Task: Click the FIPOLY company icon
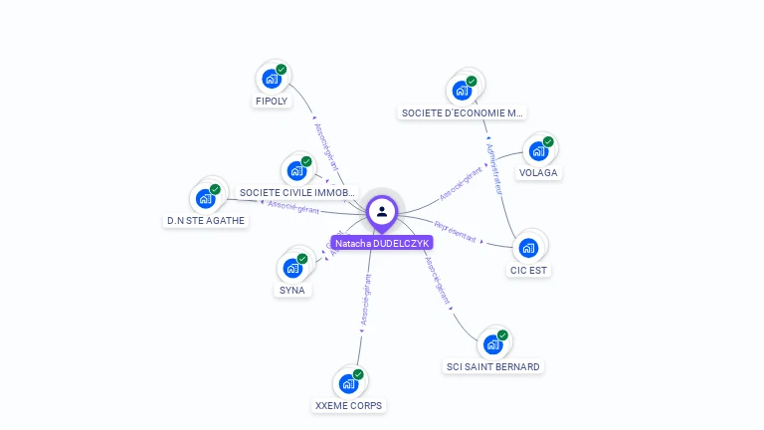pyautogui.click(x=272, y=79)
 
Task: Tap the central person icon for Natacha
pyautogui.click(x=382, y=211)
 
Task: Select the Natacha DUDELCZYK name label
pyautogui.click(x=382, y=243)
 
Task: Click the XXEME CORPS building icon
pyautogui.click(x=348, y=383)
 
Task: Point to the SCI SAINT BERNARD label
pyautogui.click(x=492, y=366)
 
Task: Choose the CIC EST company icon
pyautogui.click(x=529, y=248)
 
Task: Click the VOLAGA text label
pyautogui.click(x=539, y=172)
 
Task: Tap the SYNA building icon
pyautogui.click(x=292, y=268)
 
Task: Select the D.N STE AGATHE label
pyautogui.click(x=206, y=221)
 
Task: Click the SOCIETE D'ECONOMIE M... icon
pyautogui.click(x=462, y=91)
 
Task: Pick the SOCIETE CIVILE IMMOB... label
pyautogui.click(x=297, y=192)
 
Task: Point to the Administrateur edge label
pyautogui.click(x=493, y=168)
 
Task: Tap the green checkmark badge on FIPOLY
pyautogui.click(x=282, y=70)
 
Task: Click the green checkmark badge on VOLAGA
pyautogui.click(x=548, y=142)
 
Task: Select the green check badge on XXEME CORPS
pyautogui.click(x=358, y=374)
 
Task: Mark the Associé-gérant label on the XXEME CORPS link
pyautogui.click(x=365, y=303)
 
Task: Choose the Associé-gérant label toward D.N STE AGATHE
pyautogui.click(x=294, y=207)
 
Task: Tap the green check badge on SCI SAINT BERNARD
pyautogui.click(x=502, y=335)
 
